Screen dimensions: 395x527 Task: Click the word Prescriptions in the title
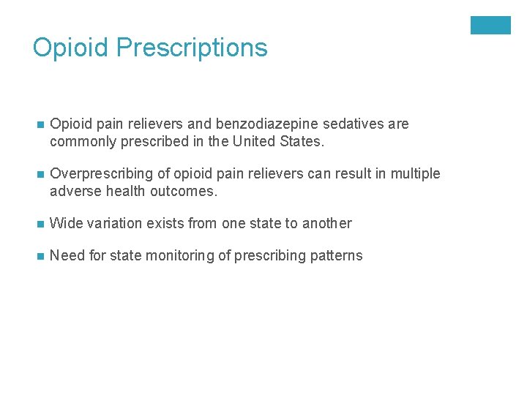tap(192, 48)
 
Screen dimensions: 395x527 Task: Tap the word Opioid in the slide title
tap(70, 48)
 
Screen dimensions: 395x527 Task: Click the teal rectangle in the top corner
tap(490, 26)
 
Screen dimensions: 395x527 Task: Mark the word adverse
tap(75, 191)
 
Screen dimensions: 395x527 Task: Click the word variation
tap(111, 223)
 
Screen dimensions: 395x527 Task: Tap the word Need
tap(66, 255)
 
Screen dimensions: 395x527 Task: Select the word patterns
tap(335, 256)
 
